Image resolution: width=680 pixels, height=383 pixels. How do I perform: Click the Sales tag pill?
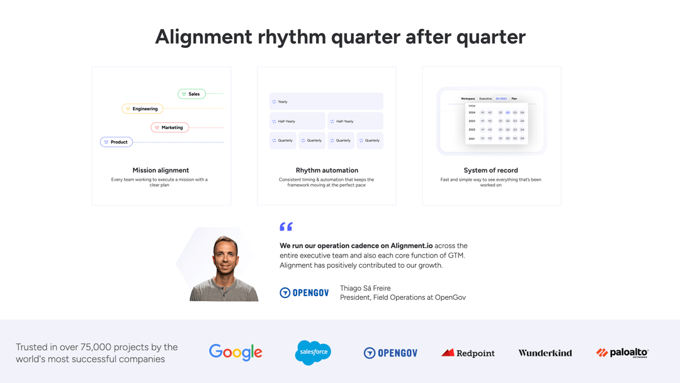[x=191, y=94]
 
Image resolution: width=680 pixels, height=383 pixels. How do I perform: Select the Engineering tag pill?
[x=141, y=109]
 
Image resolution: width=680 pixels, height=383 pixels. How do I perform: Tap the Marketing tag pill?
[x=169, y=127]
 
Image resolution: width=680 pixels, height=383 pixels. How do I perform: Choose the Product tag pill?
[x=116, y=142]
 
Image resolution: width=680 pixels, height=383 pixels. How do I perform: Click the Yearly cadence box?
[x=326, y=101]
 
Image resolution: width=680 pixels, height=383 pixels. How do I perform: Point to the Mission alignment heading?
[x=161, y=170]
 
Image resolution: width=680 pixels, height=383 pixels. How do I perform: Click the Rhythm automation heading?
[x=327, y=170]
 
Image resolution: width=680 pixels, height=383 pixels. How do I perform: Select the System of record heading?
[x=490, y=170]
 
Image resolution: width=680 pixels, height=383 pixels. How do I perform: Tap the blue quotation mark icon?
[x=286, y=227]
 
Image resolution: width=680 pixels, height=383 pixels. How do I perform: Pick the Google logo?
[x=235, y=353]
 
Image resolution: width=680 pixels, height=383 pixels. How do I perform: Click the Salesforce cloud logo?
[x=313, y=352]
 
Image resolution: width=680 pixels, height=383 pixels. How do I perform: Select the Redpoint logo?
[x=468, y=353]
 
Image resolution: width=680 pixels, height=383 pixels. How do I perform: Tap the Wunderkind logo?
[x=545, y=353]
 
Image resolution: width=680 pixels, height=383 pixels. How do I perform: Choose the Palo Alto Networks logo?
[x=622, y=353]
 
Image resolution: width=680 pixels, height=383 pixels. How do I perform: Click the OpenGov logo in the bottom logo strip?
[x=390, y=353]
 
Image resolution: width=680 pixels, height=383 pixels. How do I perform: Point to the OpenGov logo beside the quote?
[x=304, y=292]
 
